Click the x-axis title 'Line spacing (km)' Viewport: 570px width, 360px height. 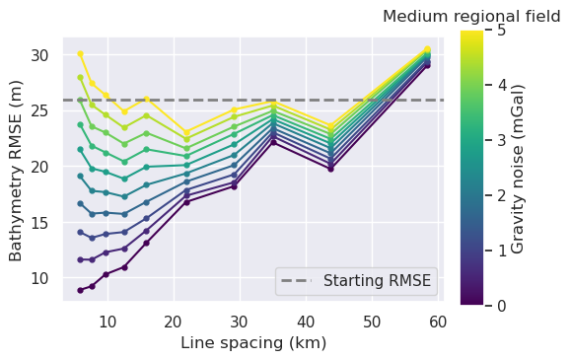[x=253, y=343]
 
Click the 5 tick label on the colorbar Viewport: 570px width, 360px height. [x=501, y=31]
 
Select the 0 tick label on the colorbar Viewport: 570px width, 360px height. [x=501, y=306]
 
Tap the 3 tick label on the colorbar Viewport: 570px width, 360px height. [x=501, y=141]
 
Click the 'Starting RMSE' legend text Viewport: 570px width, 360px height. [x=383, y=280]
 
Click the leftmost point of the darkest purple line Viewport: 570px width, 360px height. [x=80, y=290]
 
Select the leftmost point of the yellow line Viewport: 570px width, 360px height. [x=80, y=53]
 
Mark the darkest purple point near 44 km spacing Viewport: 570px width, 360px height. [x=330, y=169]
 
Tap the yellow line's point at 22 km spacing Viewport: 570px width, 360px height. [x=186, y=131]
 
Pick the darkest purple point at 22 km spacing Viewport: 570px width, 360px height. [x=186, y=201]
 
